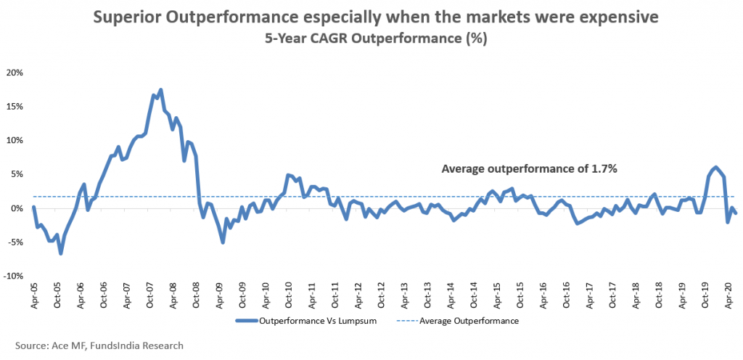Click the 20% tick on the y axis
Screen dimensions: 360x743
coord(15,73)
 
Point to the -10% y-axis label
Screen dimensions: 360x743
coord(14,276)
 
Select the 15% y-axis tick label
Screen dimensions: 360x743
coord(15,107)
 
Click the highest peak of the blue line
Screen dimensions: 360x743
coord(160,90)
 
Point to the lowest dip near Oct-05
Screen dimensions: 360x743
coord(61,253)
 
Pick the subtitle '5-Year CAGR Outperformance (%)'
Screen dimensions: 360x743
coord(372,39)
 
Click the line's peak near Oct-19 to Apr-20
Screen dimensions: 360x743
coord(715,167)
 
